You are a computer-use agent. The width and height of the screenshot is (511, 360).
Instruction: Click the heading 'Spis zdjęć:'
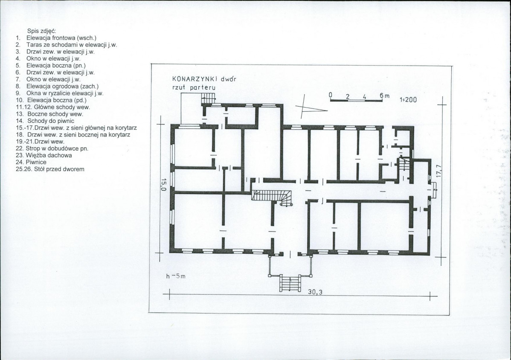click(x=42, y=31)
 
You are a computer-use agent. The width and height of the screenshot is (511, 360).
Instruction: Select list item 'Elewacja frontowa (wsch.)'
click(x=61, y=38)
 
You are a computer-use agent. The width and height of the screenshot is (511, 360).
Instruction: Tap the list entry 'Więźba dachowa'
click(x=49, y=155)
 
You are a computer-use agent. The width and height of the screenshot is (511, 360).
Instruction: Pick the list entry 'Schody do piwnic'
click(x=51, y=121)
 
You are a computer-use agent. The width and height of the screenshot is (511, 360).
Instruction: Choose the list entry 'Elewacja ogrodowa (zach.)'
click(x=63, y=86)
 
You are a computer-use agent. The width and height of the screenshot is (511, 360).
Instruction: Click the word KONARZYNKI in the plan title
click(x=195, y=79)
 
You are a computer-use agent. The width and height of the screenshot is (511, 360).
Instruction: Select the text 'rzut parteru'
click(x=194, y=87)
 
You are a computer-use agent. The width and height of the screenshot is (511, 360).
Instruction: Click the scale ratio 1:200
click(x=408, y=100)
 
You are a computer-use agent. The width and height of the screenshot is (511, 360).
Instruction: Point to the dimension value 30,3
click(x=315, y=292)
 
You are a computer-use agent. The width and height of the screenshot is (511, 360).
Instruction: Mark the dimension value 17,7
click(x=438, y=171)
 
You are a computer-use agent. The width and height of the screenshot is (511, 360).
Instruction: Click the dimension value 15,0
click(x=164, y=184)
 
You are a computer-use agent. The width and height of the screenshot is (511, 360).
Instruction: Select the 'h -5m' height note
click(x=176, y=276)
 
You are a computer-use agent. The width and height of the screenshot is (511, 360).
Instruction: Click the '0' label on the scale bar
click(x=330, y=95)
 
